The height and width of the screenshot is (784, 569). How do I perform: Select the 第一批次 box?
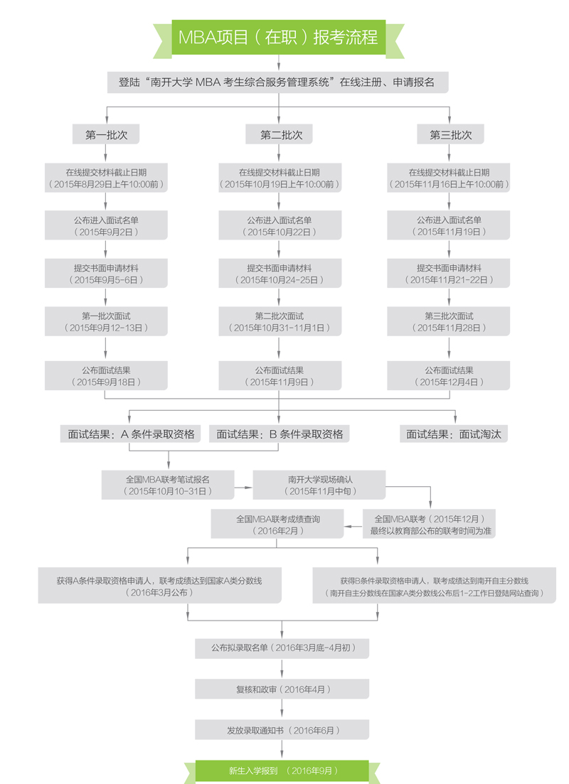pos(106,135)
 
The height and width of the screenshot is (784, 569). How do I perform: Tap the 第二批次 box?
pos(281,135)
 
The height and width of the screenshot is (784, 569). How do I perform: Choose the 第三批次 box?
pos(450,135)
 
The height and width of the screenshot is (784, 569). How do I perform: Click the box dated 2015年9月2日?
pos(106,225)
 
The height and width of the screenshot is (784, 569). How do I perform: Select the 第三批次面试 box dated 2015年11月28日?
pos(449,321)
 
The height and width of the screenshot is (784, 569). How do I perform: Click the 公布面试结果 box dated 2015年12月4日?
pos(449,375)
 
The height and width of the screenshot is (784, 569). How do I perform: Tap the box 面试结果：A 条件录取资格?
pos(132,434)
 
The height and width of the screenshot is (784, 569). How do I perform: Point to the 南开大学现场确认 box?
pos(319,485)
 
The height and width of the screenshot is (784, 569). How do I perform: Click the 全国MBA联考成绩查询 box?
pos(278,525)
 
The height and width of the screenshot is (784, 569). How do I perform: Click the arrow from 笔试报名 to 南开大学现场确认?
pos(244,487)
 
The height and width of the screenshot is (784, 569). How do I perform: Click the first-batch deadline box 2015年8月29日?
pos(106,178)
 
